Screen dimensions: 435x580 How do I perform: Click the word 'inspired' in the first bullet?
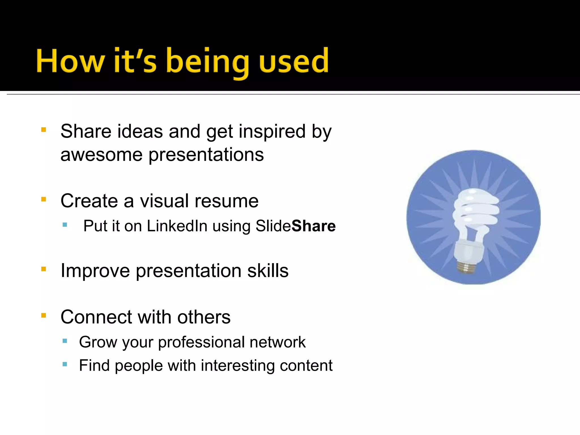point(272,132)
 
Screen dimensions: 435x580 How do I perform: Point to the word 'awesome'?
point(101,155)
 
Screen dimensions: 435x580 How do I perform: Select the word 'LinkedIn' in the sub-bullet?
point(177,226)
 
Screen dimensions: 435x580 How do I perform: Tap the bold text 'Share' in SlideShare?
point(314,226)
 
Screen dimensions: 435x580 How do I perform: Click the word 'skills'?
point(268,271)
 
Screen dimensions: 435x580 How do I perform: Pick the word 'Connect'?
point(96,317)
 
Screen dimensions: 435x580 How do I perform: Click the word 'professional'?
point(201,342)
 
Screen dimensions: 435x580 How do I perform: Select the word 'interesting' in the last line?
point(238,366)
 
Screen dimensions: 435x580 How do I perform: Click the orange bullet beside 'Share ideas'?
point(44,130)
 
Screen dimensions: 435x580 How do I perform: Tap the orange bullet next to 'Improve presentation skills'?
point(44,269)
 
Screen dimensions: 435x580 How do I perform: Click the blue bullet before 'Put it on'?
point(65,225)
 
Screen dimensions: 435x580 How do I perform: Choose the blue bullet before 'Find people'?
point(65,364)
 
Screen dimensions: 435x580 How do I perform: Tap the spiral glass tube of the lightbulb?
point(476,210)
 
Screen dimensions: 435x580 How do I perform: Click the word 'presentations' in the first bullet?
point(206,155)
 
